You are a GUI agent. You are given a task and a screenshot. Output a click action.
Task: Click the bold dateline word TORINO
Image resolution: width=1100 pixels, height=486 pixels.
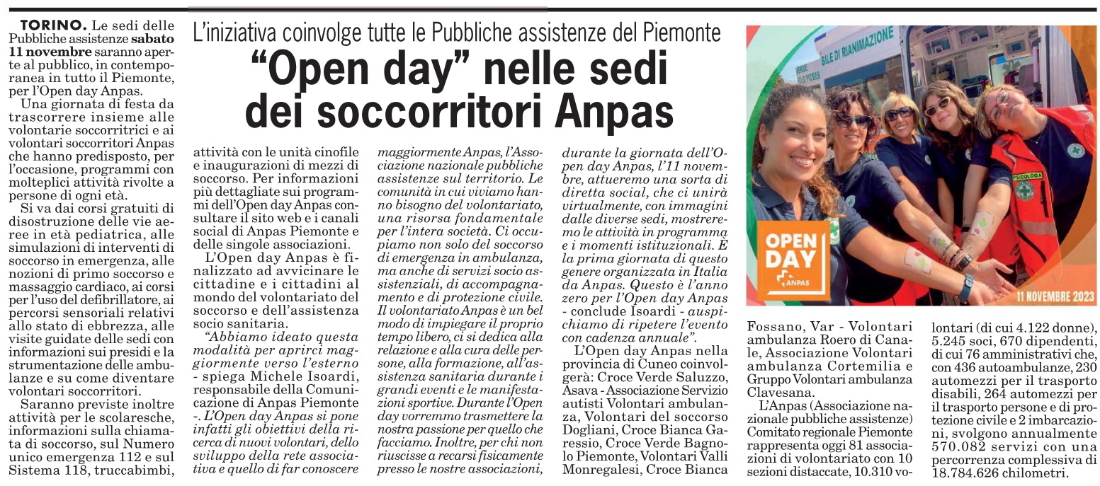tap(45, 25)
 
